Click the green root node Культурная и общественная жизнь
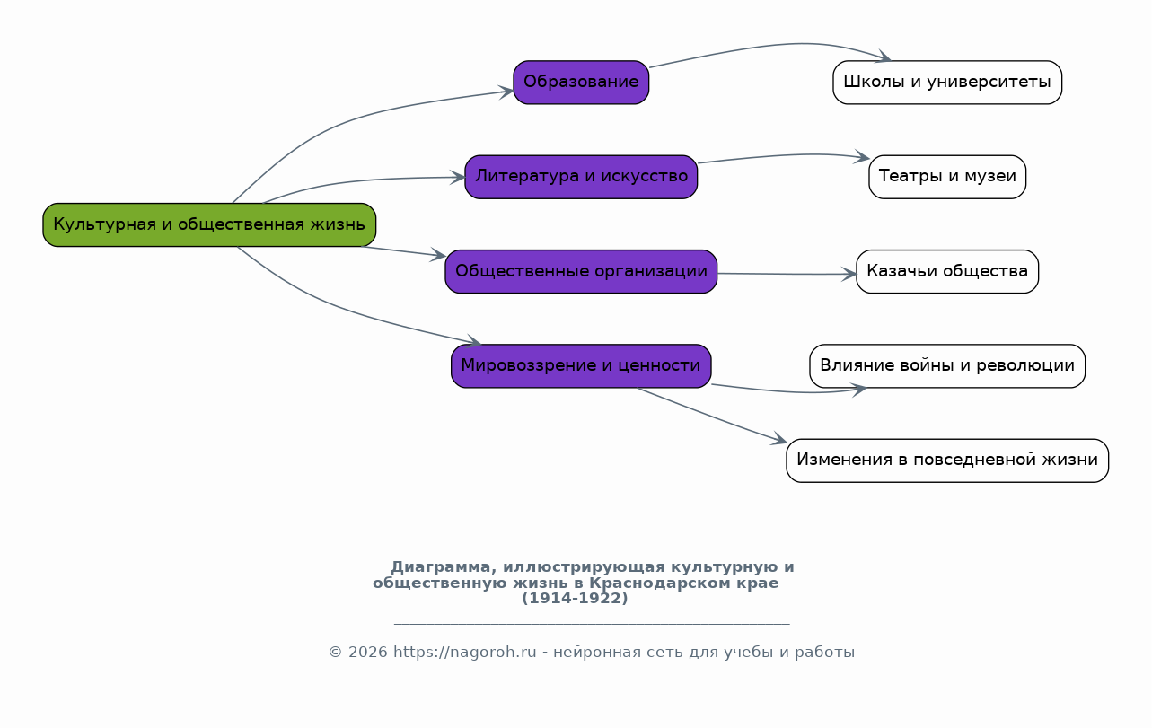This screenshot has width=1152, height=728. click(209, 224)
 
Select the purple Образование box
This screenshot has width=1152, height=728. click(581, 83)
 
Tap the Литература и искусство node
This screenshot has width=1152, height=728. click(581, 177)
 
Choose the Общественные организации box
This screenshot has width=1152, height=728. click(581, 271)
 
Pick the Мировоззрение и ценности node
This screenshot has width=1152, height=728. click(581, 366)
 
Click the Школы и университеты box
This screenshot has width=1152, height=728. click(947, 83)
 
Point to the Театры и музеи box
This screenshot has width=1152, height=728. click(947, 177)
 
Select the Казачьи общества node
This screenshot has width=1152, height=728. click(947, 271)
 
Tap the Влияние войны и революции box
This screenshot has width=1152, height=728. click(947, 366)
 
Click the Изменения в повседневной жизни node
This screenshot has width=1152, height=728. click(947, 460)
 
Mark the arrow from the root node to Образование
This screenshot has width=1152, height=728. click(359, 117)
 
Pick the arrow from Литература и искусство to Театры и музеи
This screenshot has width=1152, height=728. click(781, 155)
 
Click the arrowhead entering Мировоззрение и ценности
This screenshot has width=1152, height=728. click(474, 343)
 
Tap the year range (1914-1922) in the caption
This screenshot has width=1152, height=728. click(575, 599)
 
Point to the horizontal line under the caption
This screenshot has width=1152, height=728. click(592, 623)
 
